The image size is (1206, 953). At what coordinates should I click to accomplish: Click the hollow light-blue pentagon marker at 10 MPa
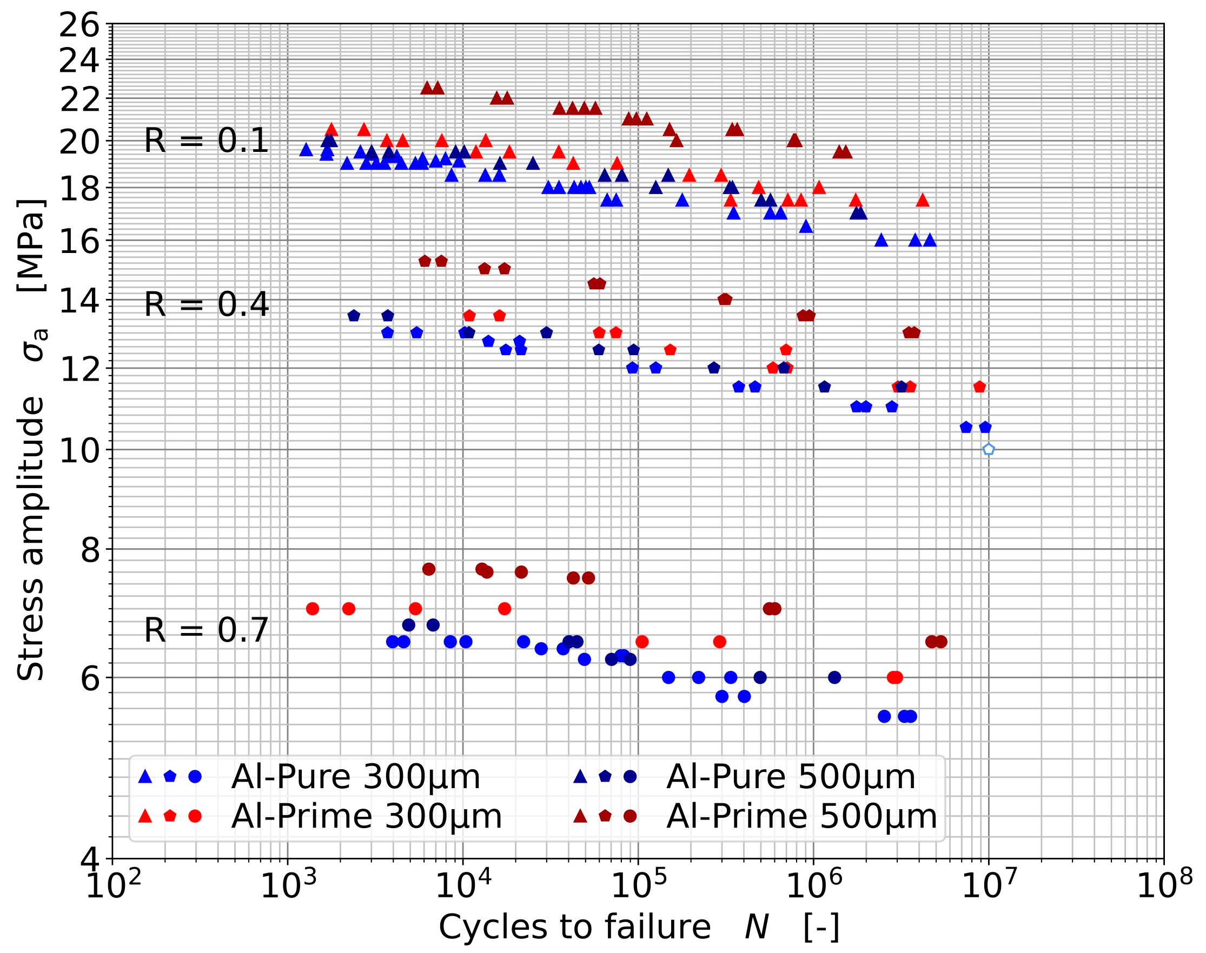pyautogui.click(x=989, y=449)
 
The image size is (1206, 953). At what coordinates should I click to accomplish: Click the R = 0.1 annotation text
pyautogui.click(x=207, y=140)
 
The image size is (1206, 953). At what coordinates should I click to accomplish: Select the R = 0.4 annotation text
pyautogui.click(x=207, y=305)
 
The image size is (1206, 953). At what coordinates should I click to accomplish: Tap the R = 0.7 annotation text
pyautogui.click(x=207, y=630)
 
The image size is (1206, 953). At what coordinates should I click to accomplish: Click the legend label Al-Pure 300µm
pyautogui.click(x=355, y=776)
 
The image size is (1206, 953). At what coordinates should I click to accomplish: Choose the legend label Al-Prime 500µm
pyautogui.click(x=801, y=816)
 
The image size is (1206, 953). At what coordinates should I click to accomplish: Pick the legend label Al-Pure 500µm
pyautogui.click(x=791, y=776)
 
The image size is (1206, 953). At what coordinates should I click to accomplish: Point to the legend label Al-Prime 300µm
pyautogui.click(x=367, y=816)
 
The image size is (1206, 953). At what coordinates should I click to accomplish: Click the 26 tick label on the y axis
pyautogui.click(x=79, y=25)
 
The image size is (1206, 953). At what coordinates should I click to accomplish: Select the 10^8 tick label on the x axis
pyautogui.click(x=1164, y=886)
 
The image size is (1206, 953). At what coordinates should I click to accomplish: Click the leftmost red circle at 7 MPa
pyautogui.click(x=313, y=608)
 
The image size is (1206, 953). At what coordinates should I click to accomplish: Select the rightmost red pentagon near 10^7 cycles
pyautogui.click(x=979, y=386)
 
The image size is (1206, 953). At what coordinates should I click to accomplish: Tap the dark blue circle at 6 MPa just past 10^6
pyautogui.click(x=834, y=677)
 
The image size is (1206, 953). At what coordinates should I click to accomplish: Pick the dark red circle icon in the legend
pyautogui.click(x=630, y=816)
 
